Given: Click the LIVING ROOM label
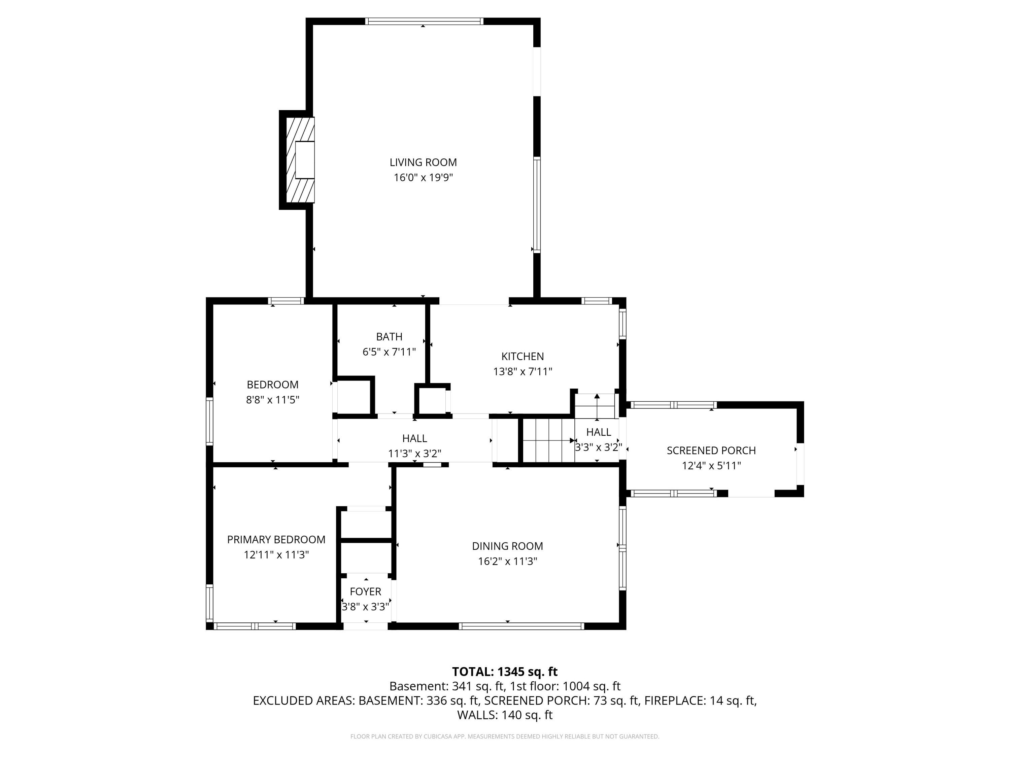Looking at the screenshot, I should click(423, 163).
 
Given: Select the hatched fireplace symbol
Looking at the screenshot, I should click(300, 160).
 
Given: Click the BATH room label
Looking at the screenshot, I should click(389, 337).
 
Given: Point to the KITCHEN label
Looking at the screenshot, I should click(523, 356).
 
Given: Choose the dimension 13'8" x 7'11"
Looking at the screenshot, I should click(523, 371).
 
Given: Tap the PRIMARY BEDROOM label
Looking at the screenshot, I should click(276, 540).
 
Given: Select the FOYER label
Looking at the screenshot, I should click(365, 592).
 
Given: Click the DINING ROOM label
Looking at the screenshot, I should click(507, 546).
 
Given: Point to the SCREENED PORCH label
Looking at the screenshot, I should click(711, 451).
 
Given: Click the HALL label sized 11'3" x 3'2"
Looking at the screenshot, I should click(414, 438).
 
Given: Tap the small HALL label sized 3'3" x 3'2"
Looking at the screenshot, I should click(598, 432).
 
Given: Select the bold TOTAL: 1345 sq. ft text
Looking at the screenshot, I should click(505, 672).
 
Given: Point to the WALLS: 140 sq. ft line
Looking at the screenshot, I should click(505, 715).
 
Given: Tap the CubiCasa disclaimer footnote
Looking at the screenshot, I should click(505, 736).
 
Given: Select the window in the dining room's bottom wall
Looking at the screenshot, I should click(521, 626).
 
